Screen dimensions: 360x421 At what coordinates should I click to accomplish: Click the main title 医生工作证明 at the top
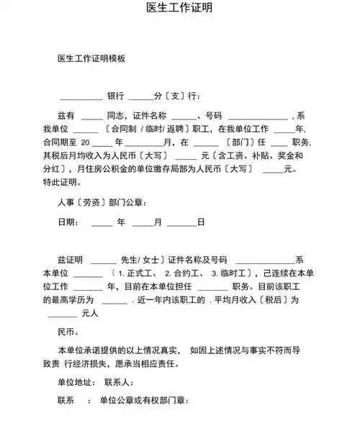point(179,8)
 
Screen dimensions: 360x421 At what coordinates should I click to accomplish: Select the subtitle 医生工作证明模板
point(91,58)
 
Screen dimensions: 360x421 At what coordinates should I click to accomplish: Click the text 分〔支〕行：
point(176,96)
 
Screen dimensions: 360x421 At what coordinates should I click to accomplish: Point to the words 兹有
point(66,115)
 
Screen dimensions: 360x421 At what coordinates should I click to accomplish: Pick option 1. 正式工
point(138,273)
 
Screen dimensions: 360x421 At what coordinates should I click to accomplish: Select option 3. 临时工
point(228,273)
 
